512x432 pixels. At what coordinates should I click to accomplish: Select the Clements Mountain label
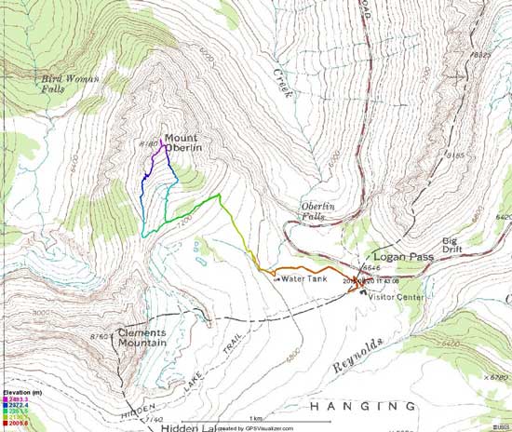142,337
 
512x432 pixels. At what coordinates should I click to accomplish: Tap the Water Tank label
302,277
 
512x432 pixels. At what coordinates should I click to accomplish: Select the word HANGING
362,406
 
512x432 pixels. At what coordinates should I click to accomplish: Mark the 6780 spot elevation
497,377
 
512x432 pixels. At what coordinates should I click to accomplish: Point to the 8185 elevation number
453,155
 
